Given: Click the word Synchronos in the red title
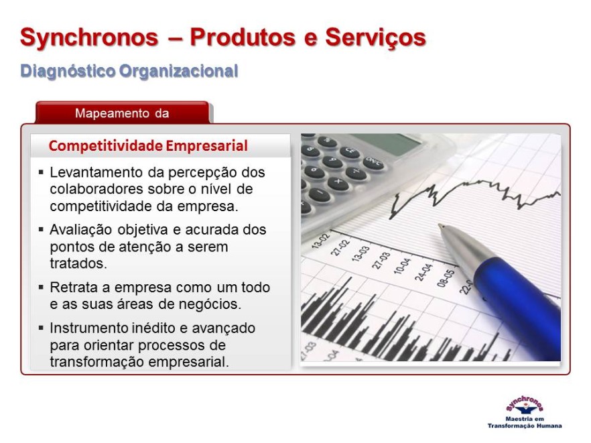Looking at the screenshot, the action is point(89,38).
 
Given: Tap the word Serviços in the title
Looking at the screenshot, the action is point(375,38).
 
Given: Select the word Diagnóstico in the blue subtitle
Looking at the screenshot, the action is point(68,71).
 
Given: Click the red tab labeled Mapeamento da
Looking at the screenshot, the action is point(122,113).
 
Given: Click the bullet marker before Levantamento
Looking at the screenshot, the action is point(41,173).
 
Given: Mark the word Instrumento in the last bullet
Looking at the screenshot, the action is point(88,328).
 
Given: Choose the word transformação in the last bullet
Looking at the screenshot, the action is point(97,362).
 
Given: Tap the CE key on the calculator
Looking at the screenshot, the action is point(350,151).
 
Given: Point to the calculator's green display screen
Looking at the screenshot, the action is point(387,143).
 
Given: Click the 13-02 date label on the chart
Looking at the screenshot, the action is point(320,241).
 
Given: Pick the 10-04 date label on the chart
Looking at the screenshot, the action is point(402,266).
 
